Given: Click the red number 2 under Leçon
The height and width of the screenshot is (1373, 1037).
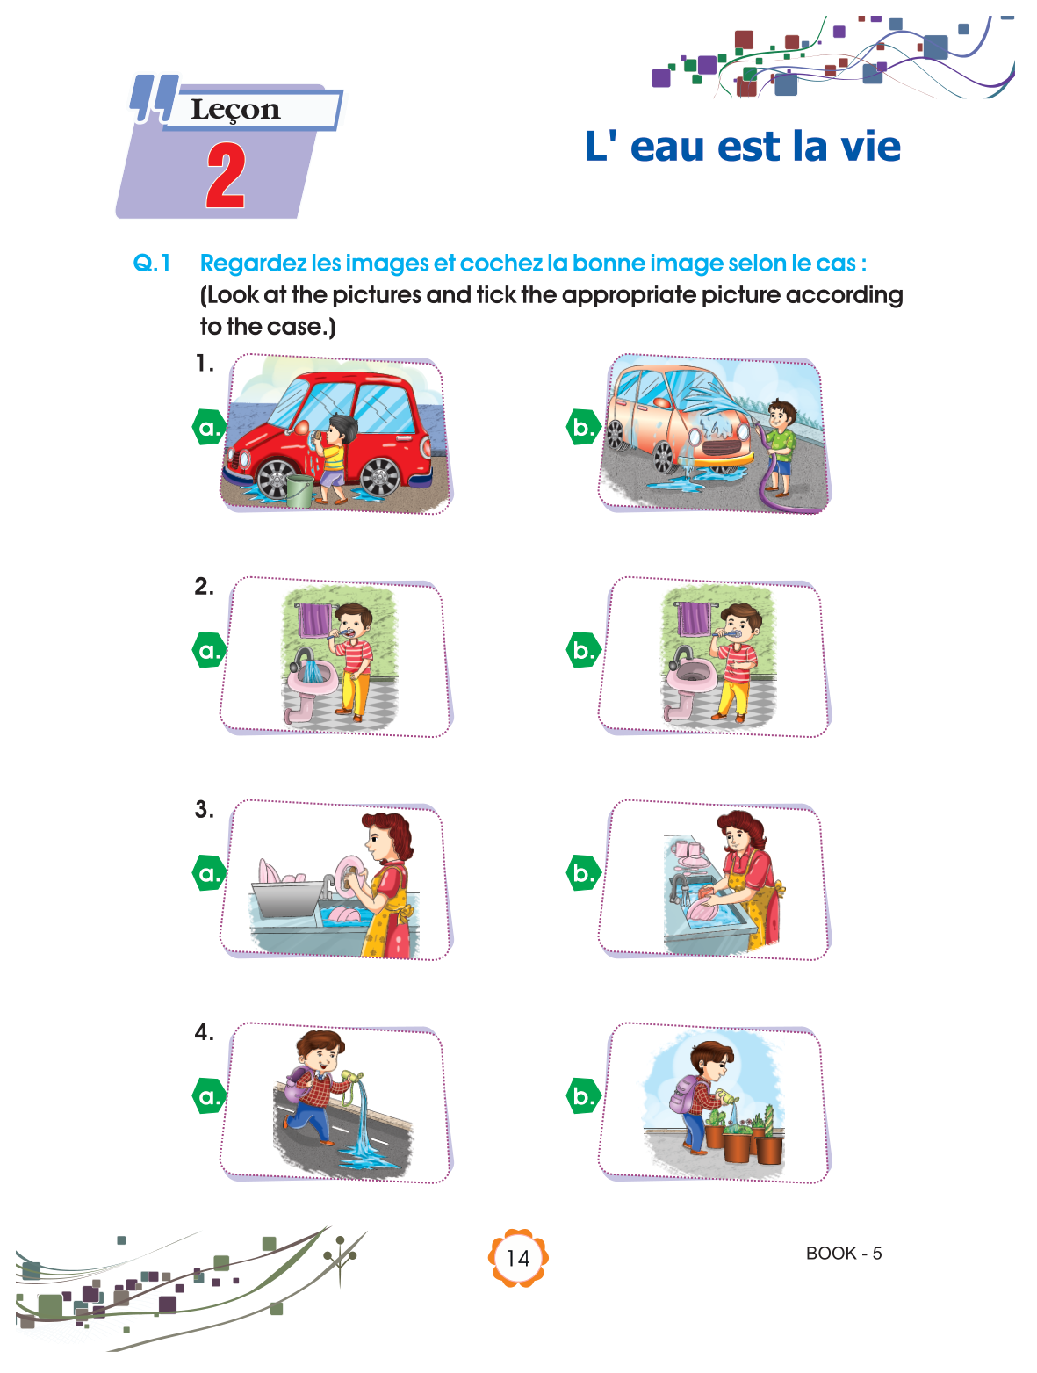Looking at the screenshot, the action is [226, 175].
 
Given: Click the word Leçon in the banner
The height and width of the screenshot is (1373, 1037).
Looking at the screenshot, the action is [235, 110].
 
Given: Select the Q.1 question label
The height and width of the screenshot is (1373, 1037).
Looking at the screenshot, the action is [152, 263].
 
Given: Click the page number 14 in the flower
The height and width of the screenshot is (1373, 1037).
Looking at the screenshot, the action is [517, 1258].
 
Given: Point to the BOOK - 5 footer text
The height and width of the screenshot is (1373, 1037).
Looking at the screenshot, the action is [843, 1253].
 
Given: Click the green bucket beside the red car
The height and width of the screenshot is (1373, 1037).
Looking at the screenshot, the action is [299, 490].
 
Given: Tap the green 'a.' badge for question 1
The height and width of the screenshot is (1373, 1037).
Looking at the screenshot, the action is [209, 427].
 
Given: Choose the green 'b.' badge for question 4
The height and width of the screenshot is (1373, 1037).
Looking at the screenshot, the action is [583, 1095].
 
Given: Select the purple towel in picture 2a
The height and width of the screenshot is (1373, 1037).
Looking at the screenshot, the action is [314, 620].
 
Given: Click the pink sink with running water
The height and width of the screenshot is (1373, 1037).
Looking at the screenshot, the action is [312, 679].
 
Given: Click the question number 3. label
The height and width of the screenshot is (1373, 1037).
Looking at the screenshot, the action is [204, 809].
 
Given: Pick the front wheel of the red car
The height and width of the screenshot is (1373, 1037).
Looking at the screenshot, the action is [273, 478].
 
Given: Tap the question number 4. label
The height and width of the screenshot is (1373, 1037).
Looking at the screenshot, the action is [204, 1031].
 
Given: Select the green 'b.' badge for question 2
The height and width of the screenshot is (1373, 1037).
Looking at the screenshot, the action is [583, 650].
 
